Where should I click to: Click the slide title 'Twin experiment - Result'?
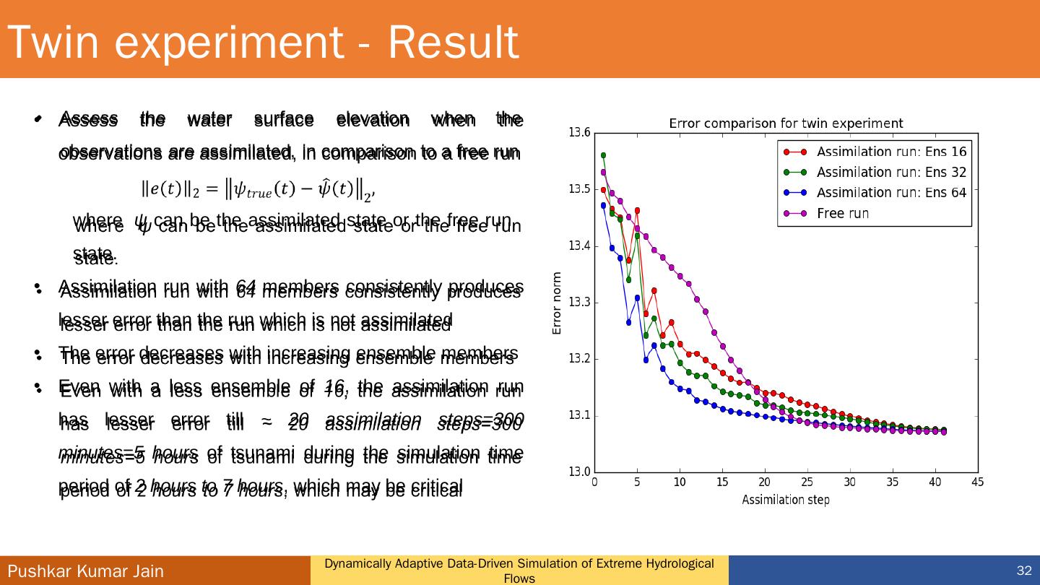tap(264, 42)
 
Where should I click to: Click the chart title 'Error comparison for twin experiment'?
tap(786, 123)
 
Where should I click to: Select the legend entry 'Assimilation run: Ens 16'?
tap(891, 152)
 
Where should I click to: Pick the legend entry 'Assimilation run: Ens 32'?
tap(891, 173)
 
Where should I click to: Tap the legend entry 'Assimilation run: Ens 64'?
tap(891, 193)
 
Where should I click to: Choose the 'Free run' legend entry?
tap(843, 214)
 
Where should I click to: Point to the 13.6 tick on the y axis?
tap(579, 133)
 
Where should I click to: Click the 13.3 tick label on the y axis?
tap(579, 303)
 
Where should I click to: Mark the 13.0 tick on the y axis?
tap(579, 472)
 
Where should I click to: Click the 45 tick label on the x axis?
tap(978, 482)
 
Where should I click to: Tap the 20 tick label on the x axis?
tap(765, 482)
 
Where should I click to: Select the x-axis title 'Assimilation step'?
tap(786, 500)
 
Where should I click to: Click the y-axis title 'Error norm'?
tap(557, 303)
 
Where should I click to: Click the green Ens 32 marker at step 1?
tap(604, 155)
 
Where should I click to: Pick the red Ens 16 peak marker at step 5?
tap(637, 210)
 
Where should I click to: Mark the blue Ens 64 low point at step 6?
tap(646, 360)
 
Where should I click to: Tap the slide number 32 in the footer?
tap(1024, 571)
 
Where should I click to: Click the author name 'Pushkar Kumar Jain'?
tap(86, 571)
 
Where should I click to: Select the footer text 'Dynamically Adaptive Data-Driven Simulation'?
tap(519, 564)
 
